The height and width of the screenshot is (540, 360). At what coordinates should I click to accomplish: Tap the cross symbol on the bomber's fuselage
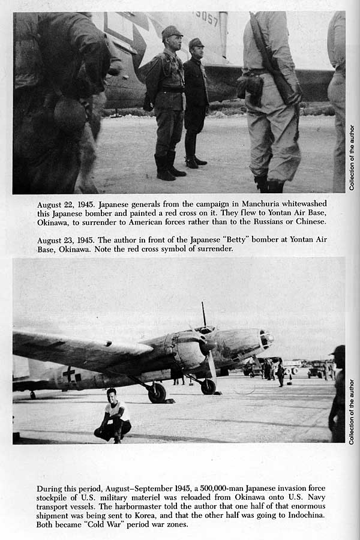(x=70, y=374)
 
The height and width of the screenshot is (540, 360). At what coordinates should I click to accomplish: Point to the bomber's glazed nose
(x=266, y=339)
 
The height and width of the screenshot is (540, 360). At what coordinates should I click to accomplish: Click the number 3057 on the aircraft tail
(x=206, y=19)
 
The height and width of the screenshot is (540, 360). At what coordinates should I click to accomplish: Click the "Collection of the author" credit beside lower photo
(x=352, y=411)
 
